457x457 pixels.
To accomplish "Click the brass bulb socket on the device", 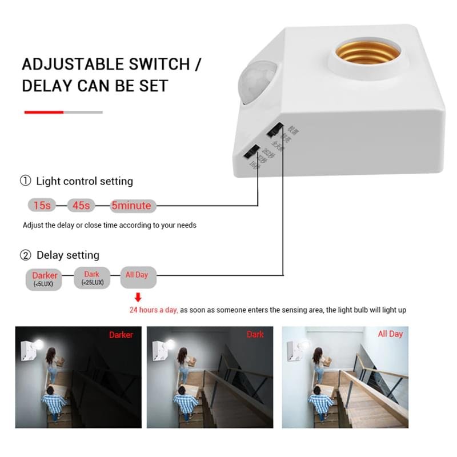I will tap(368, 59).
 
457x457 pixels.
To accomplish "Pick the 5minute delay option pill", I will tap(131, 205).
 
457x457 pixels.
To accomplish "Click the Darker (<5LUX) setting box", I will tap(45, 279).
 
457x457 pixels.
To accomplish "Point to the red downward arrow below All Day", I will tap(138, 297).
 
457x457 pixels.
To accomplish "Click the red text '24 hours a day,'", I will tap(154, 310).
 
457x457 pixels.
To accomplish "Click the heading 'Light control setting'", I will tap(84, 181).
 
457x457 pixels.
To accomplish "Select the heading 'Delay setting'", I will tap(67, 255).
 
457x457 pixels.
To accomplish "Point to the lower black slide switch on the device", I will tap(251, 152).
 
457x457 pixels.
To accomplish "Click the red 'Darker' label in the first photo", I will tap(122, 335).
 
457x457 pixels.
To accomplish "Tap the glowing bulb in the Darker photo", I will tap(42, 346).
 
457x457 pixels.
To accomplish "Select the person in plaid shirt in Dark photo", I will tap(186, 403).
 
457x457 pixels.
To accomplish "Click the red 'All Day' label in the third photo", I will tap(390, 334).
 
